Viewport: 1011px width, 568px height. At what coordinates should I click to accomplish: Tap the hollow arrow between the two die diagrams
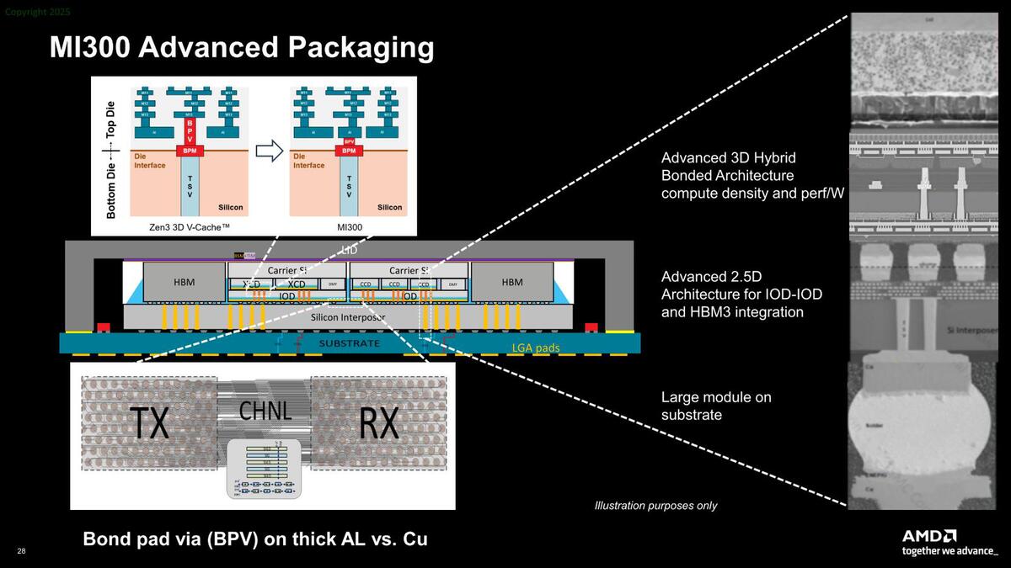click(x=269, y=151)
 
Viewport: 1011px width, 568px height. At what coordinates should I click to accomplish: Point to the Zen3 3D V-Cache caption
click(x=189, y=227)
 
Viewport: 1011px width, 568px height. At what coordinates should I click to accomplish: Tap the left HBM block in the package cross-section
click(x=184, y=283)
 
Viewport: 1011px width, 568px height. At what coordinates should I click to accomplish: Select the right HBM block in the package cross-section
click(x=511, y=283)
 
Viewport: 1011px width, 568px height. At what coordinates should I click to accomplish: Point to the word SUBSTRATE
click(x=349, y=344)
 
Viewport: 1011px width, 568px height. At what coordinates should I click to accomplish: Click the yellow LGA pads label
click(x=536, y=347)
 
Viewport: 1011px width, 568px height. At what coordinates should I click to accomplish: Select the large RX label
click(x=378, y=423)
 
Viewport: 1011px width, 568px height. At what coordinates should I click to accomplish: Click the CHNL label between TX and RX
click(x=265, y=411)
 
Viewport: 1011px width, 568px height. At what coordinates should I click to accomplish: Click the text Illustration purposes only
click(x=655, y=506)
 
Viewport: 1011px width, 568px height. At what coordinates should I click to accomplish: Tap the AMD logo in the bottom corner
click(x=929, y=536)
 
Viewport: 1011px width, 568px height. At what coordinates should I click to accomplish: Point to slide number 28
click(x=21, y=550)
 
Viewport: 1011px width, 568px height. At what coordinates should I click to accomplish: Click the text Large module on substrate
click(x=716, y=406)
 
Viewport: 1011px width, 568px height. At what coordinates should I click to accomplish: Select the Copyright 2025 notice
click(x=35, y=11)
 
